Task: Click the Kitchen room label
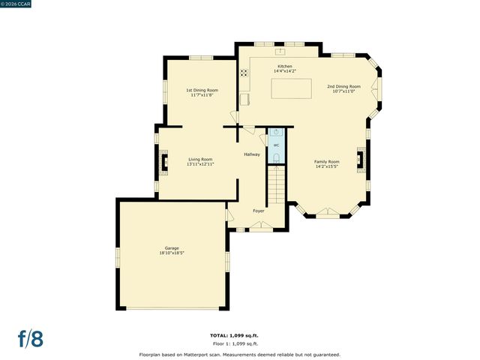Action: tap(285, 67)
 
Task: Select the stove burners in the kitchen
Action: tap(244, 73)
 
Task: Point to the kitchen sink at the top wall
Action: tap(280, 52)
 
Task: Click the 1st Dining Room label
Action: tap(202, 90)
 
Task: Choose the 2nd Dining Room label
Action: tap(343, 86)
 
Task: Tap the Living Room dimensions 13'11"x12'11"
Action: tap(200, 164)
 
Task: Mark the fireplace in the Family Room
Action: tap(361, 160)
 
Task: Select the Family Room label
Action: tap(326, 162)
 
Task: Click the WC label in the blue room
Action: tap(276, 145)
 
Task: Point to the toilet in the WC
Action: tap(276, 157)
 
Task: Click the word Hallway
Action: tap(252, 154)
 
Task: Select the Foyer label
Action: tap(258, 211)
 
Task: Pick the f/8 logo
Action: tap(31, 338)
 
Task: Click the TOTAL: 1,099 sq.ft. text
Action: tap(239, 334)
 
